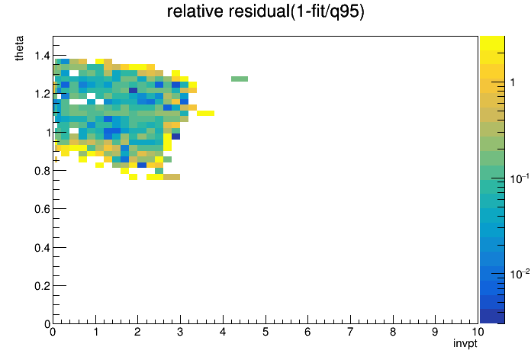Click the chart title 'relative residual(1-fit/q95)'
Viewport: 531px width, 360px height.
[x=265, y=11]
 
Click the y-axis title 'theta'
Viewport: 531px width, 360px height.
[x=19, y=48]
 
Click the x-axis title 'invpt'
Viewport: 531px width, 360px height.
[x=465, y=343]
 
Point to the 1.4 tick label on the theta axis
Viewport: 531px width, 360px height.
[x=43, y=56]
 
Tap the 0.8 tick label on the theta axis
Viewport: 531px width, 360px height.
[x=43, y=171]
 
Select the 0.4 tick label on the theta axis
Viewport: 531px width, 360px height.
[x=43, y=248]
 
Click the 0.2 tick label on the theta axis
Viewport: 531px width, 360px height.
[x=43, y=286]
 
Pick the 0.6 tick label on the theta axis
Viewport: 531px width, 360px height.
[x=43, y=209]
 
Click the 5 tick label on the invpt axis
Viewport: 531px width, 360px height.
[x=265, y=332]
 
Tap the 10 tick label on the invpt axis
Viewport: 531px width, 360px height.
[x=478, y=332]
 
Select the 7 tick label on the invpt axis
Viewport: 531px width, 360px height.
[x=350, y=332]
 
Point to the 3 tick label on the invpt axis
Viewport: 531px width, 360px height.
[x=180, y=332]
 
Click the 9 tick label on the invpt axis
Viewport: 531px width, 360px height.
[x=435, y=332]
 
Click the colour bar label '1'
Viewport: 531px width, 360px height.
[x=513, y=82]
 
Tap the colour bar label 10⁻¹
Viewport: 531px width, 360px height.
[x=520, y=178]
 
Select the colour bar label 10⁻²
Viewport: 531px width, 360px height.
[x=520, y=273]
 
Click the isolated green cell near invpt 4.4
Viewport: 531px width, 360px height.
[x=240, y=79]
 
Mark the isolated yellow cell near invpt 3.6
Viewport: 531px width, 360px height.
[x=205, y=113]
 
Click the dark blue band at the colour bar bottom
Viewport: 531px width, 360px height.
[x=492, y=317]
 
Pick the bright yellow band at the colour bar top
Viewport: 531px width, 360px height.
[x=492, y=43]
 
